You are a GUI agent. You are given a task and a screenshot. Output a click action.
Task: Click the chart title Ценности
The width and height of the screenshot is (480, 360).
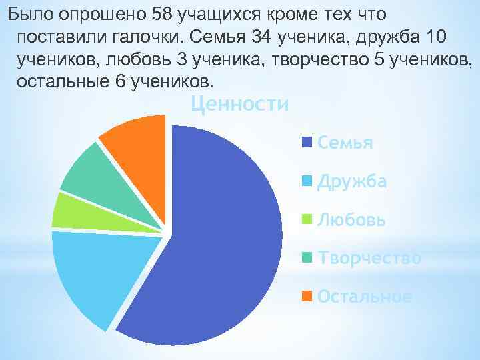[239, 105]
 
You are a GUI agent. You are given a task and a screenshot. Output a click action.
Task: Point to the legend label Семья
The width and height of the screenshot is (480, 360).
[345, 143]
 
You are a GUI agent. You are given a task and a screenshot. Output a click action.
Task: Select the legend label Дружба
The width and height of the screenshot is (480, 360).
[352, 181]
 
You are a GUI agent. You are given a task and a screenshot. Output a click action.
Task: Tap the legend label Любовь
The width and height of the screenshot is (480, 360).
[352, 219]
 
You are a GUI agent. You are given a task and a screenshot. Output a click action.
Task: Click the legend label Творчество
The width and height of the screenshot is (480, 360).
[369, 258]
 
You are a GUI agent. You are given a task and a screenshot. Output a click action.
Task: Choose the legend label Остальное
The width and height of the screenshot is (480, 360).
[364, 296]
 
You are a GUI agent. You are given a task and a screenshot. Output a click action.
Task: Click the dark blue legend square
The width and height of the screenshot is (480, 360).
[308, 143]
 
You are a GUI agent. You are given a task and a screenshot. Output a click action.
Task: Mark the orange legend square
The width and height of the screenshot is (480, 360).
[308, 296]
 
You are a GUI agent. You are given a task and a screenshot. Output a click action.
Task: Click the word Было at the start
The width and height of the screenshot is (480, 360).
[24, 13]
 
